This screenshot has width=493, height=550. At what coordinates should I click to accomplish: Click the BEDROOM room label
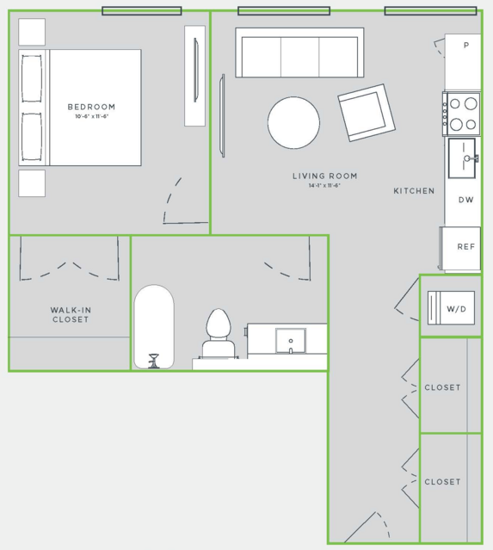(91, 107)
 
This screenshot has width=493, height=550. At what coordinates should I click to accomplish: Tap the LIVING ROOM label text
(325, 176)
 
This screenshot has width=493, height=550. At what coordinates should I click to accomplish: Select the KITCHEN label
(414, 191)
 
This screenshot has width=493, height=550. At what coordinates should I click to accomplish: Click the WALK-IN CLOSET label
(71, 315)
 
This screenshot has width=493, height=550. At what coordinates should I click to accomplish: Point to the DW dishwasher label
(466, 200)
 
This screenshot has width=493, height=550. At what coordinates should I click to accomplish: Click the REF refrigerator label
(466, 246)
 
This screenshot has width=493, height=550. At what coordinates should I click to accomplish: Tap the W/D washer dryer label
(456, 309)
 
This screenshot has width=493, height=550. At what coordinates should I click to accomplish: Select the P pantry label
(466, 45)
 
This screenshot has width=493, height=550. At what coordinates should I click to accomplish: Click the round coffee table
(294, 122)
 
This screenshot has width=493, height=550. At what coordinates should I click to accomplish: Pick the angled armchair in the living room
(367, 113)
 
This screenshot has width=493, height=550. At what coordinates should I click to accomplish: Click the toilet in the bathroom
(219, 333)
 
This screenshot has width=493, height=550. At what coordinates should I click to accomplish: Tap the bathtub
(154, 326)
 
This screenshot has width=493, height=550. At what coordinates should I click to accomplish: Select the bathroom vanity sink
(290, 341)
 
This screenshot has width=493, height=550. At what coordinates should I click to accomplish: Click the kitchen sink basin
(462, 158)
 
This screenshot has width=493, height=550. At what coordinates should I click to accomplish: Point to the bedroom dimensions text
(91, 116)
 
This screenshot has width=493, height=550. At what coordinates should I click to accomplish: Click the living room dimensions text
(324, 185)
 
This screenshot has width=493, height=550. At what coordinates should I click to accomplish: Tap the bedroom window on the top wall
(142, 11)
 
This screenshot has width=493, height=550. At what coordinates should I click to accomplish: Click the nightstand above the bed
(32, 32)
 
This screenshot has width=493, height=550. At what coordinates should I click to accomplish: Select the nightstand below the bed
(32, 183)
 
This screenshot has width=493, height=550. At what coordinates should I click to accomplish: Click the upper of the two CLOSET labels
(442, 387)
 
